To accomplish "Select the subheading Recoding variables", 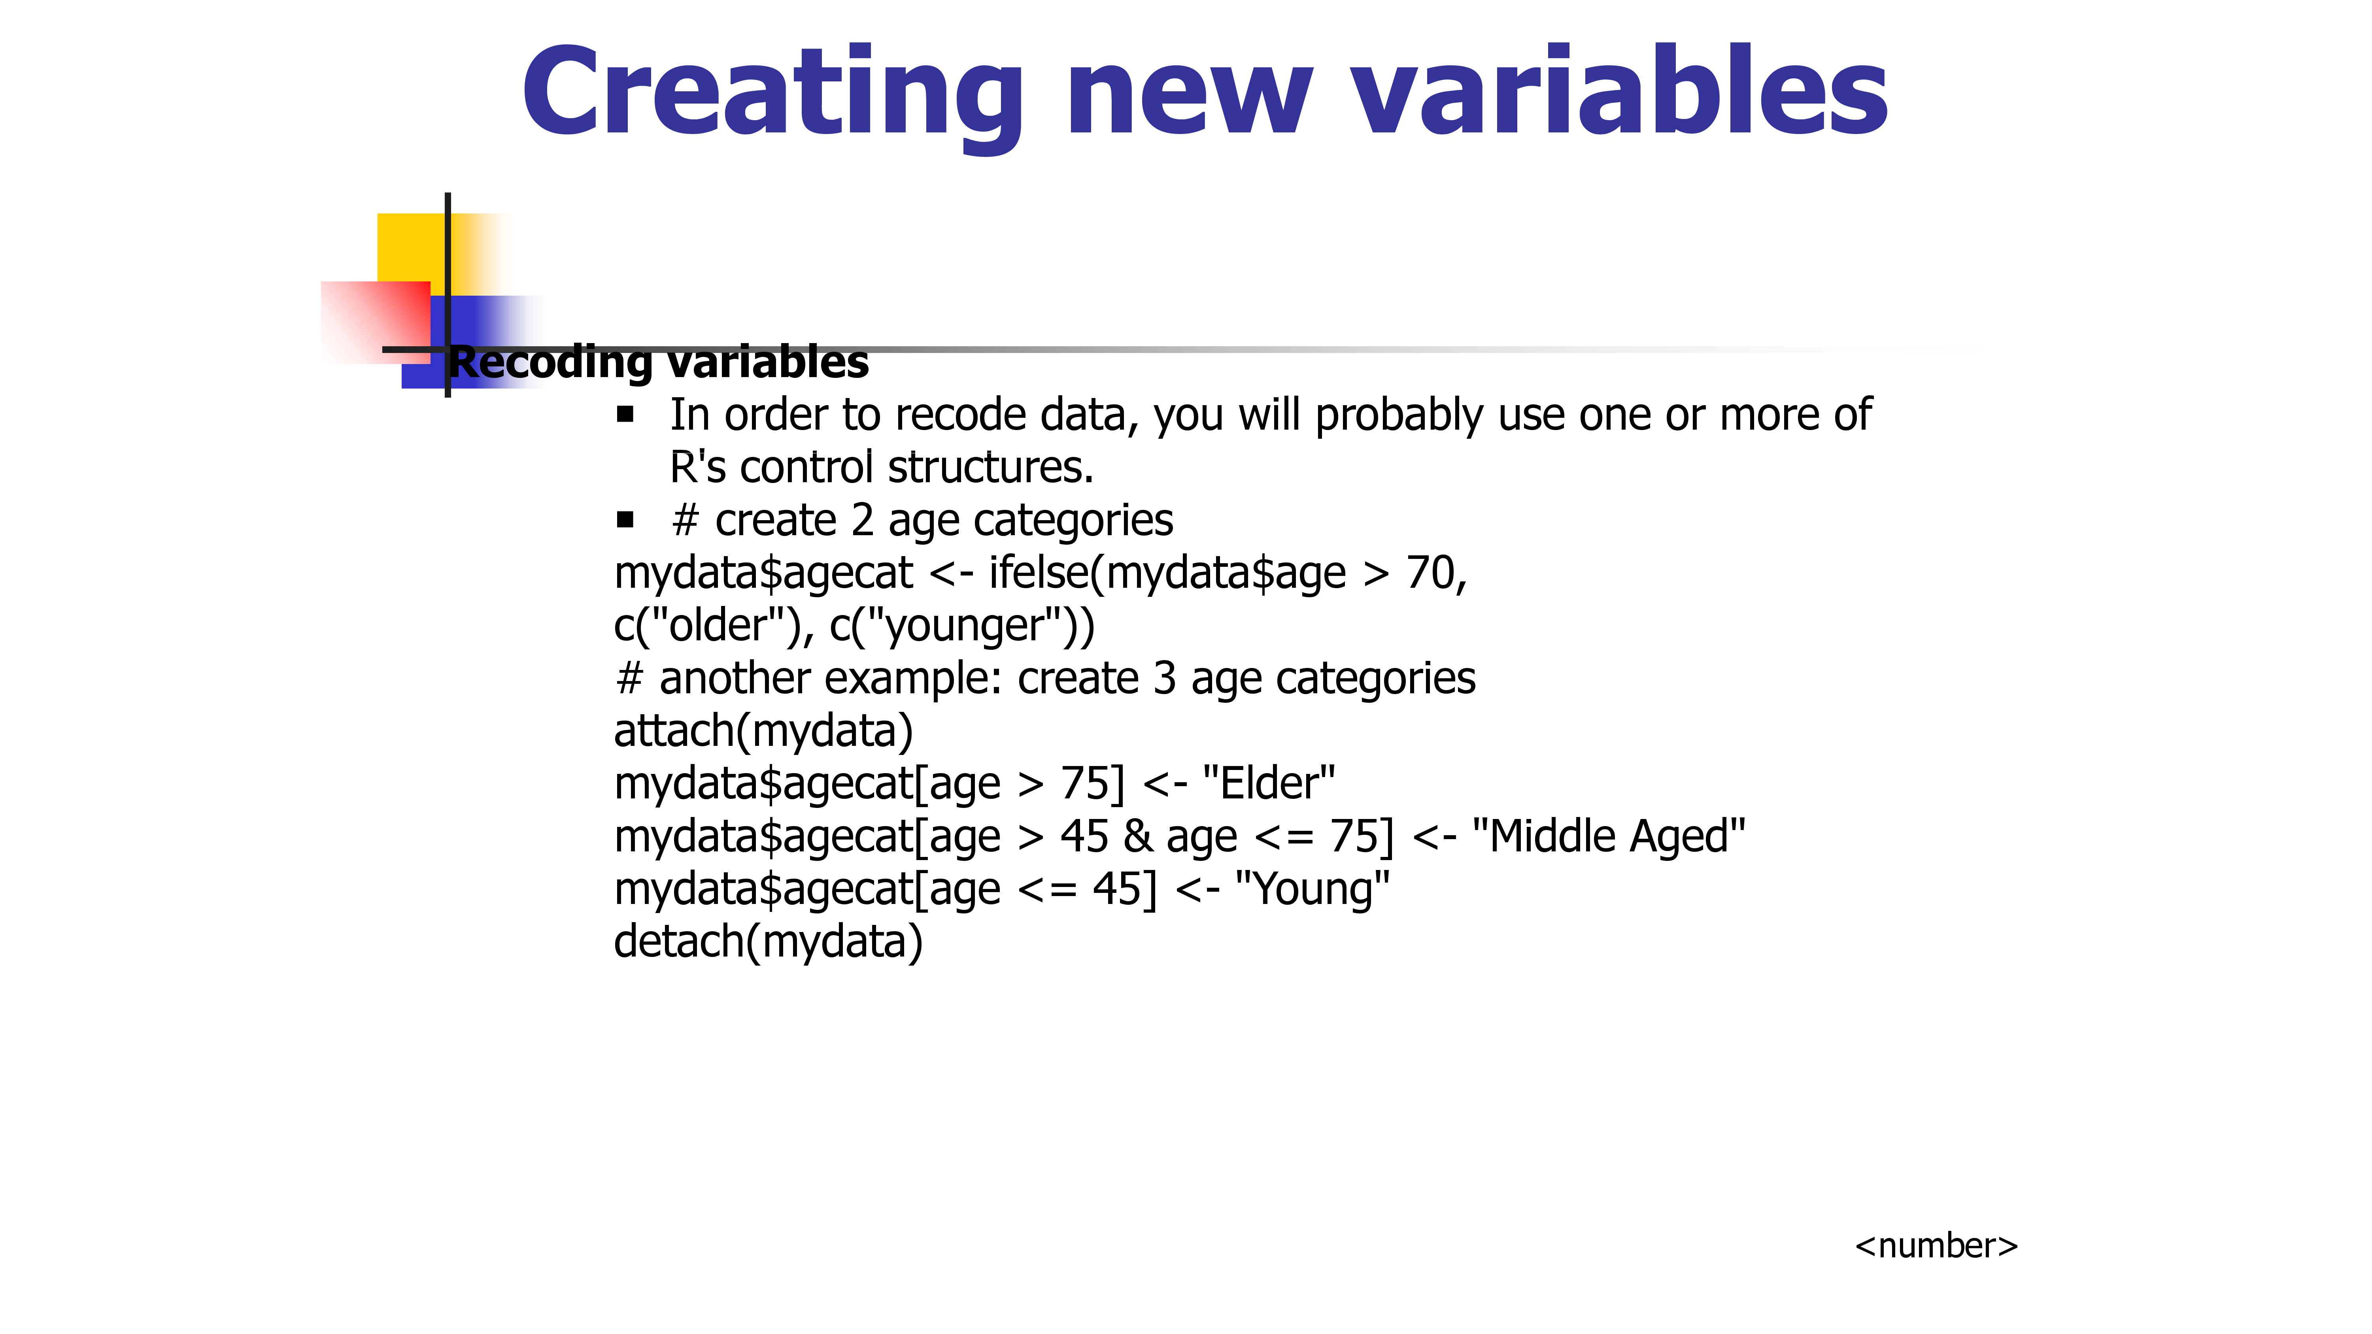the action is (x=658, y=362).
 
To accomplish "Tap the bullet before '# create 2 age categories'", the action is (x=626, y=520).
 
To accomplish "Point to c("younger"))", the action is (x=962, y=626).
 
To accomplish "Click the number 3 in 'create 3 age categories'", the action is (x=1165, y=679).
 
